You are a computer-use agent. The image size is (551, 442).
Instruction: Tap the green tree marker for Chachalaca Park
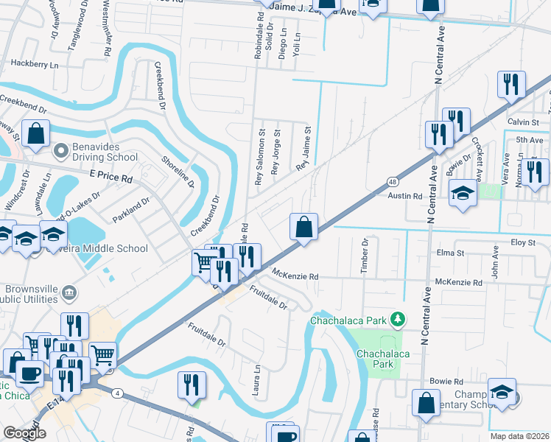[x=398, y=318]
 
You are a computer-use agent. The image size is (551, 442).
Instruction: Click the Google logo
[x=24, y=433]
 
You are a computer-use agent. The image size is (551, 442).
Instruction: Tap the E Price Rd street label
[x=110, y=178]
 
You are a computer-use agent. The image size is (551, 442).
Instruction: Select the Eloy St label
[x=522, y=242]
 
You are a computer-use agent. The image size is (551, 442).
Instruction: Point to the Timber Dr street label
[x=364, y=256]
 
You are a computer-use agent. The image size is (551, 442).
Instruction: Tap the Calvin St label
[x=523, y=122]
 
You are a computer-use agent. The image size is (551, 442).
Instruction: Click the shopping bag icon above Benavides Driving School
[x=35, y=134]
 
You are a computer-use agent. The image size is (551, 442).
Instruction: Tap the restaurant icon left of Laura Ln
[x=190, y=385]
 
